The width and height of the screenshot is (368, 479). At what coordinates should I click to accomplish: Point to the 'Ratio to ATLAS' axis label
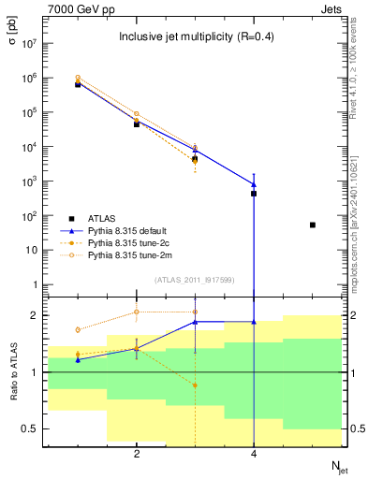coord(12,372)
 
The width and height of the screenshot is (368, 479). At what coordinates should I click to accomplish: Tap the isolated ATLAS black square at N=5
coord(312,225)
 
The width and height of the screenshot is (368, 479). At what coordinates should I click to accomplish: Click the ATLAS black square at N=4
coord(254,194)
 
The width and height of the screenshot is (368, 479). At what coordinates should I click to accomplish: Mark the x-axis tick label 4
coord(254,454)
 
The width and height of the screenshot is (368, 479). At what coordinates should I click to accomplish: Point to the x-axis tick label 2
coord(137,454)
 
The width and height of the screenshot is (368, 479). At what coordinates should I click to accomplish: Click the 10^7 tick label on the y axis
coord(29,44)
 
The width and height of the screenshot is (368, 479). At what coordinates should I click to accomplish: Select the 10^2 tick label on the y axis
coord(29,216)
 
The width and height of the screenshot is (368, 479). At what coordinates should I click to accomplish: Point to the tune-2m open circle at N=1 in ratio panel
coord(78,329)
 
